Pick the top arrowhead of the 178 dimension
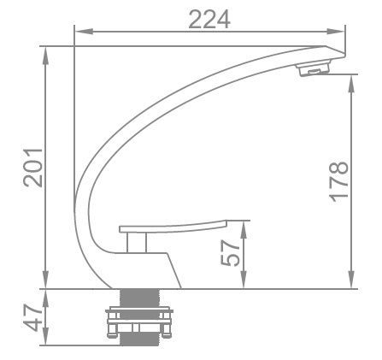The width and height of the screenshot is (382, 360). (x=351, y=79)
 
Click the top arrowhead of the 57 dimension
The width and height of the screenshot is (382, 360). (x=246, y=224)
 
